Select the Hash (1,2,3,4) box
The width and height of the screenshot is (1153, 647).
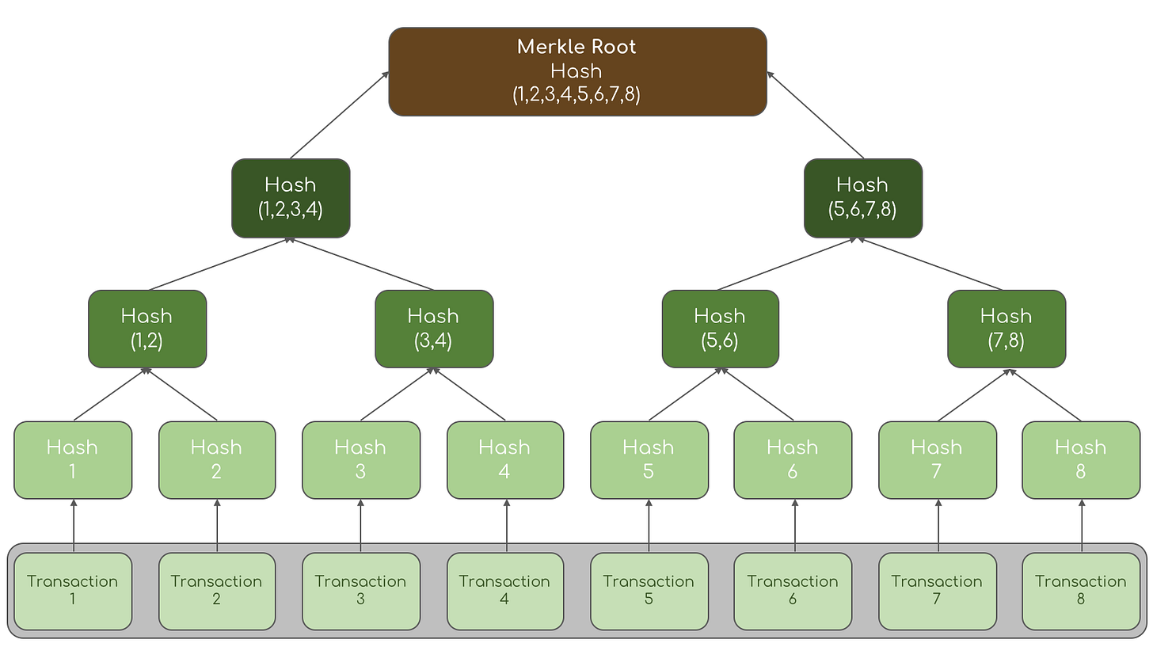(291, 198)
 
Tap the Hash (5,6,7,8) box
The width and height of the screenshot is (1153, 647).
(862, 198)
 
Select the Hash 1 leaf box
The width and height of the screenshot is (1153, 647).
(73, 460)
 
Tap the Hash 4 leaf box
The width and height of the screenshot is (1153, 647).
(505, 460)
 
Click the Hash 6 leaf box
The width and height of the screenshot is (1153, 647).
(793, 460)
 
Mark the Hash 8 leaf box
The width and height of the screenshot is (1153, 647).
(1081, 460)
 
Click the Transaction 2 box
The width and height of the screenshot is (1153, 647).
(217, 591)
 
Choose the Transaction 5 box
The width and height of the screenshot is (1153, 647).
(649, 591)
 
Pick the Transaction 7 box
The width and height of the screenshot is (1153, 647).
(937, 591)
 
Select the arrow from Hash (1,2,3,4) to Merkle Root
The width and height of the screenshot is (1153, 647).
(339, 116)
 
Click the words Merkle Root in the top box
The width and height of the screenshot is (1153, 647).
(576, 47)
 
